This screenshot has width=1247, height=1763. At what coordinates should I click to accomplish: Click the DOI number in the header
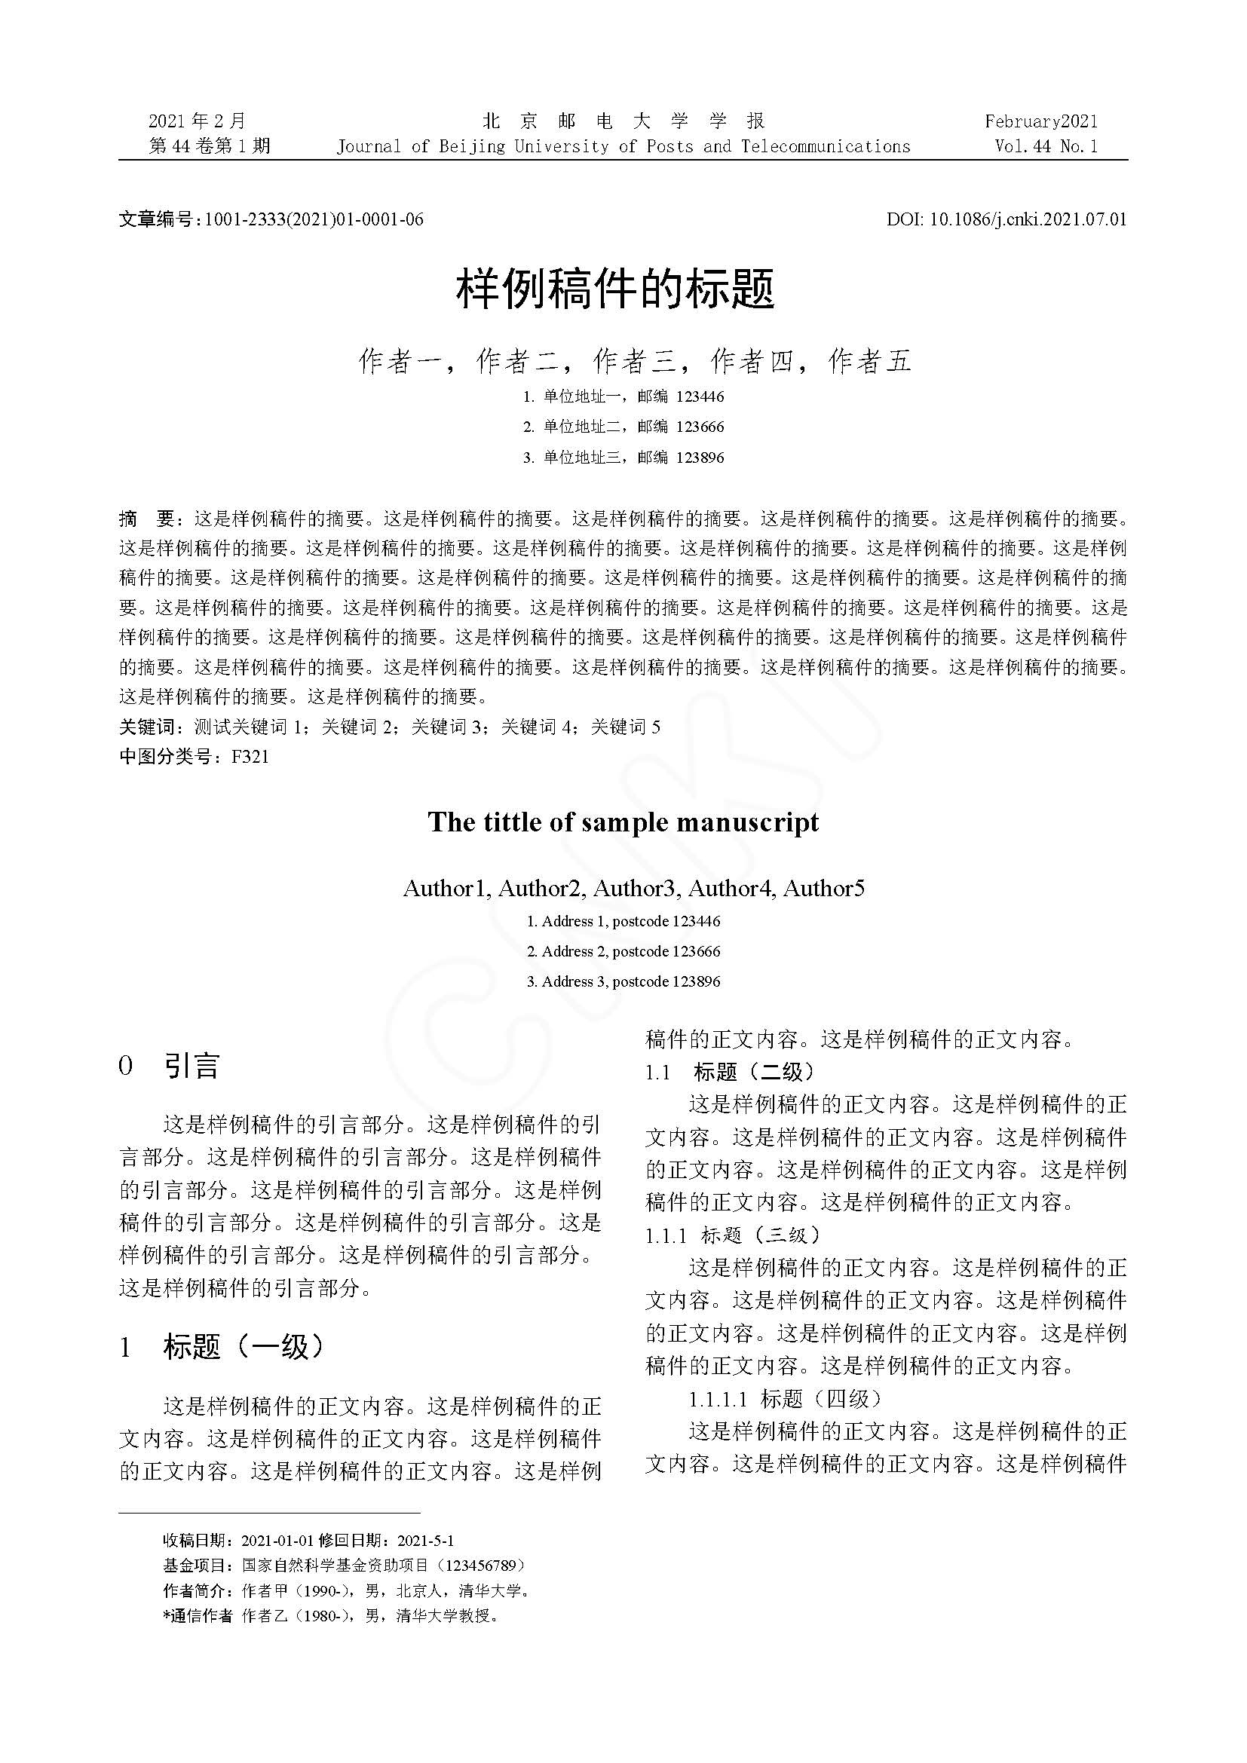tap(1028, 219)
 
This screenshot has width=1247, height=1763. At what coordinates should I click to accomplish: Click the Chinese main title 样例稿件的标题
tap(616, 289)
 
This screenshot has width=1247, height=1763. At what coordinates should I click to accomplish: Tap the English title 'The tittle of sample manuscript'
tap(623, 822)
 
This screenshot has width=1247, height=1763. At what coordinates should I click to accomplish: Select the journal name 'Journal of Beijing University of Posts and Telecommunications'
tap(623, 147)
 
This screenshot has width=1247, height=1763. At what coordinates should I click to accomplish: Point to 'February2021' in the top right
tap(1041, 121)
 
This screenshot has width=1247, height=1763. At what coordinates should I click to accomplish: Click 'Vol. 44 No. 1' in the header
tap(1046, 147)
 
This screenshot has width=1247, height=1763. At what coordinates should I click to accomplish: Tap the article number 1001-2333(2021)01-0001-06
tap(314, 219)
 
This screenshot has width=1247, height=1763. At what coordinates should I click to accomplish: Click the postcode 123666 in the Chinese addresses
tap(700, 427)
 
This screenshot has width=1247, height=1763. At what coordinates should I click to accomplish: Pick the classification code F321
tap(250, 757)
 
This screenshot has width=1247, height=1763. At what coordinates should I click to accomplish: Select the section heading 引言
tap(192, 1067)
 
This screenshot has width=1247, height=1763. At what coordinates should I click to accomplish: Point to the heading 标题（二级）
tap(753, 1072)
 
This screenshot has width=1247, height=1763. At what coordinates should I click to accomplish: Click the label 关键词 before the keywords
tap(147, 727)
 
